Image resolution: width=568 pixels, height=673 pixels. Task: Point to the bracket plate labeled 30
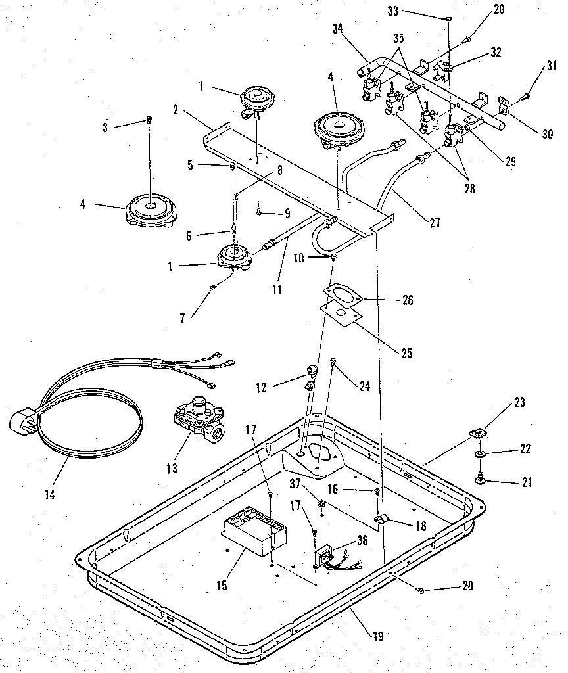[505, 104]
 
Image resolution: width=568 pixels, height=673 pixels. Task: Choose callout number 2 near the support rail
[176, 110]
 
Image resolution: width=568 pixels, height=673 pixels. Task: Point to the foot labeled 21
[481, 482]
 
